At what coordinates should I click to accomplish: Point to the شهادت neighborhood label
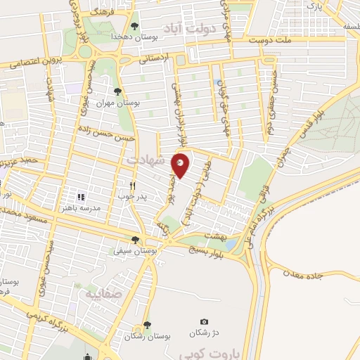(x=143, y=160)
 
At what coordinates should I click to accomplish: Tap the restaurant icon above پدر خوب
(x=131, y=186)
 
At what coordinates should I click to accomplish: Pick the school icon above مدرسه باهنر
(x=81, y=197)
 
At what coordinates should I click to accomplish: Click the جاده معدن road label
(x=303, y=274)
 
